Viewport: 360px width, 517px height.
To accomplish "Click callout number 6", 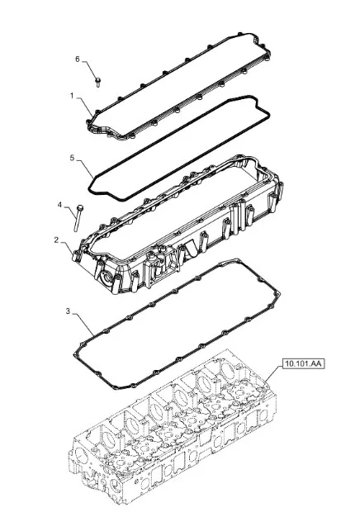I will point(78,59).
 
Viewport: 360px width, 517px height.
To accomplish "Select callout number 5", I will point(73,156).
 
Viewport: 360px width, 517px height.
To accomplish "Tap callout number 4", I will point(59,203).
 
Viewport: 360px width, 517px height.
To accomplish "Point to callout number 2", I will point(56,240).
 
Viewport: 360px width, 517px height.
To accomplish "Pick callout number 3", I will point(67,311).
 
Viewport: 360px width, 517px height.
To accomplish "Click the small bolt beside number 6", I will point(97,80).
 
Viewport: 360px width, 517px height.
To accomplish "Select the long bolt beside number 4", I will point(78,216).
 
